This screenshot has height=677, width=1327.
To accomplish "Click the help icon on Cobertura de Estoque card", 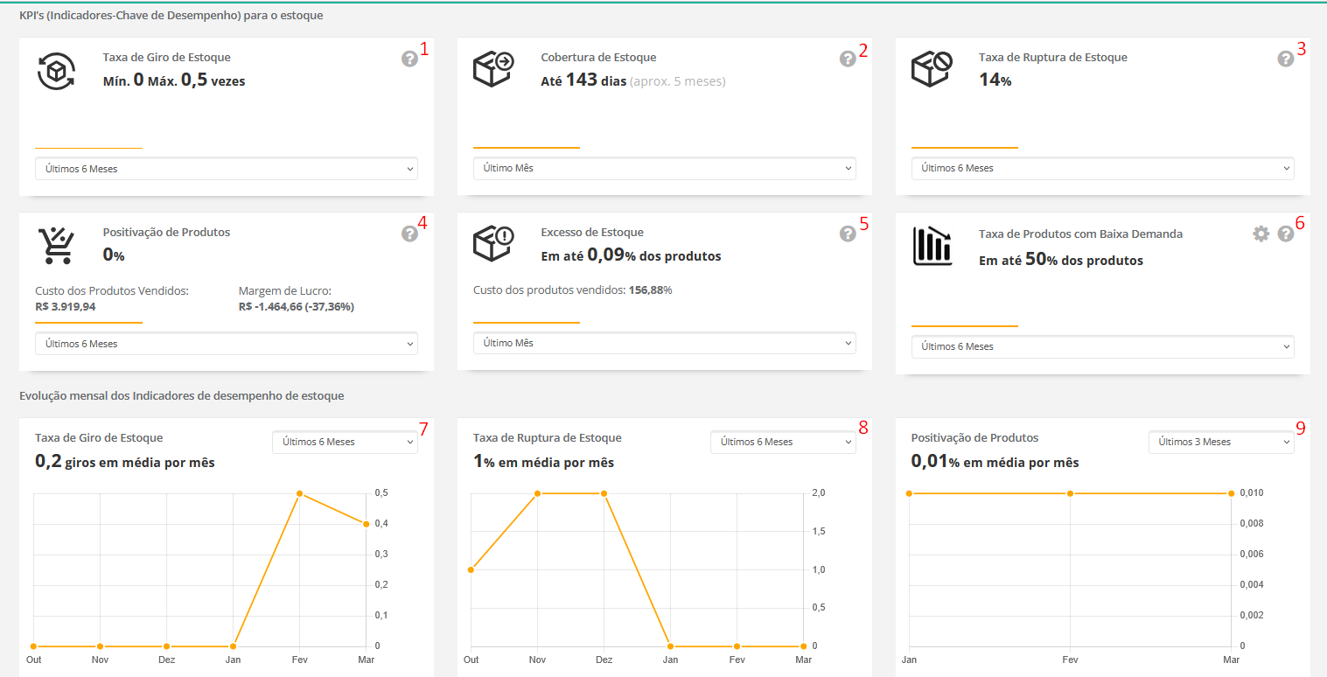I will tap(848, 59).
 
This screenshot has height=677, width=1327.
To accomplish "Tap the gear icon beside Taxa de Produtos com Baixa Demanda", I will tap(1261, 234).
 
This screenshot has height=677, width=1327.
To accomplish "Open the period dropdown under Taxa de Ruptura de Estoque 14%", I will tap(1102, 168).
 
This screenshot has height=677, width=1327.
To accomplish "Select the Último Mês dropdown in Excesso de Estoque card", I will tap(664, 343).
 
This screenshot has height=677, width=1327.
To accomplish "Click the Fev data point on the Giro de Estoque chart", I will tap(299, 494).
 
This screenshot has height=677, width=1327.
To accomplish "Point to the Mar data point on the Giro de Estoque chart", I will tap(366, 524).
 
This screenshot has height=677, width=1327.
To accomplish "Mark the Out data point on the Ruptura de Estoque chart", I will tap(471, 569).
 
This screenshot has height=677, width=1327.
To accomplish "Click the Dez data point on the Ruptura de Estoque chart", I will tap(604, 493).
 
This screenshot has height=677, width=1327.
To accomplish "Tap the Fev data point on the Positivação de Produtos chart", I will tap(1070, 493).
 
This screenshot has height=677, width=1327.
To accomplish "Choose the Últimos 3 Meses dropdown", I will tap(1220, 442).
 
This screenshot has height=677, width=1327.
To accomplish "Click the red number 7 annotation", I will tap(423, 429).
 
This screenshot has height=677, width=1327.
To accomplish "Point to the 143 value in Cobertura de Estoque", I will tap(581, 80).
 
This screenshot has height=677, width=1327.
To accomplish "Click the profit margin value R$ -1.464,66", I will tap(296, 307).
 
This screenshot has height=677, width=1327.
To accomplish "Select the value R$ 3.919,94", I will tap(66, 307).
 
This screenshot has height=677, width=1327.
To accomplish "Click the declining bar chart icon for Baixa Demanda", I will tap(932, 246).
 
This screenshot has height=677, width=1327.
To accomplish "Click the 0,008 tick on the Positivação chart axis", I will tap(1253, 524).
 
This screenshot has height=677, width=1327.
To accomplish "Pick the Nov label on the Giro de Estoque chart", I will tap(101, 660).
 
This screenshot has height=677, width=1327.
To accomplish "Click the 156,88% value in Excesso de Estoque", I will tap(650, 290).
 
